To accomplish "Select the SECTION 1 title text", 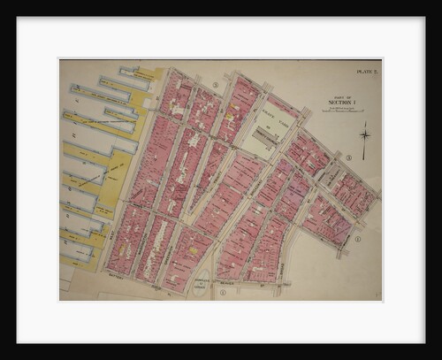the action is (x=340, y=102).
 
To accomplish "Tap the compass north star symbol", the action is (x=363, y=134).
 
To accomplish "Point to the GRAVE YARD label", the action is (x=263, y=109).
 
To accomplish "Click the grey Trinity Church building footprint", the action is (x=263, y=140).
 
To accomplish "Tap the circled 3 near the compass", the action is (x=348, y=157).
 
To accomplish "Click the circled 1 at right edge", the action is (x=358, y=238).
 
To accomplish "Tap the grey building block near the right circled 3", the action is (x=335, y=176).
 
